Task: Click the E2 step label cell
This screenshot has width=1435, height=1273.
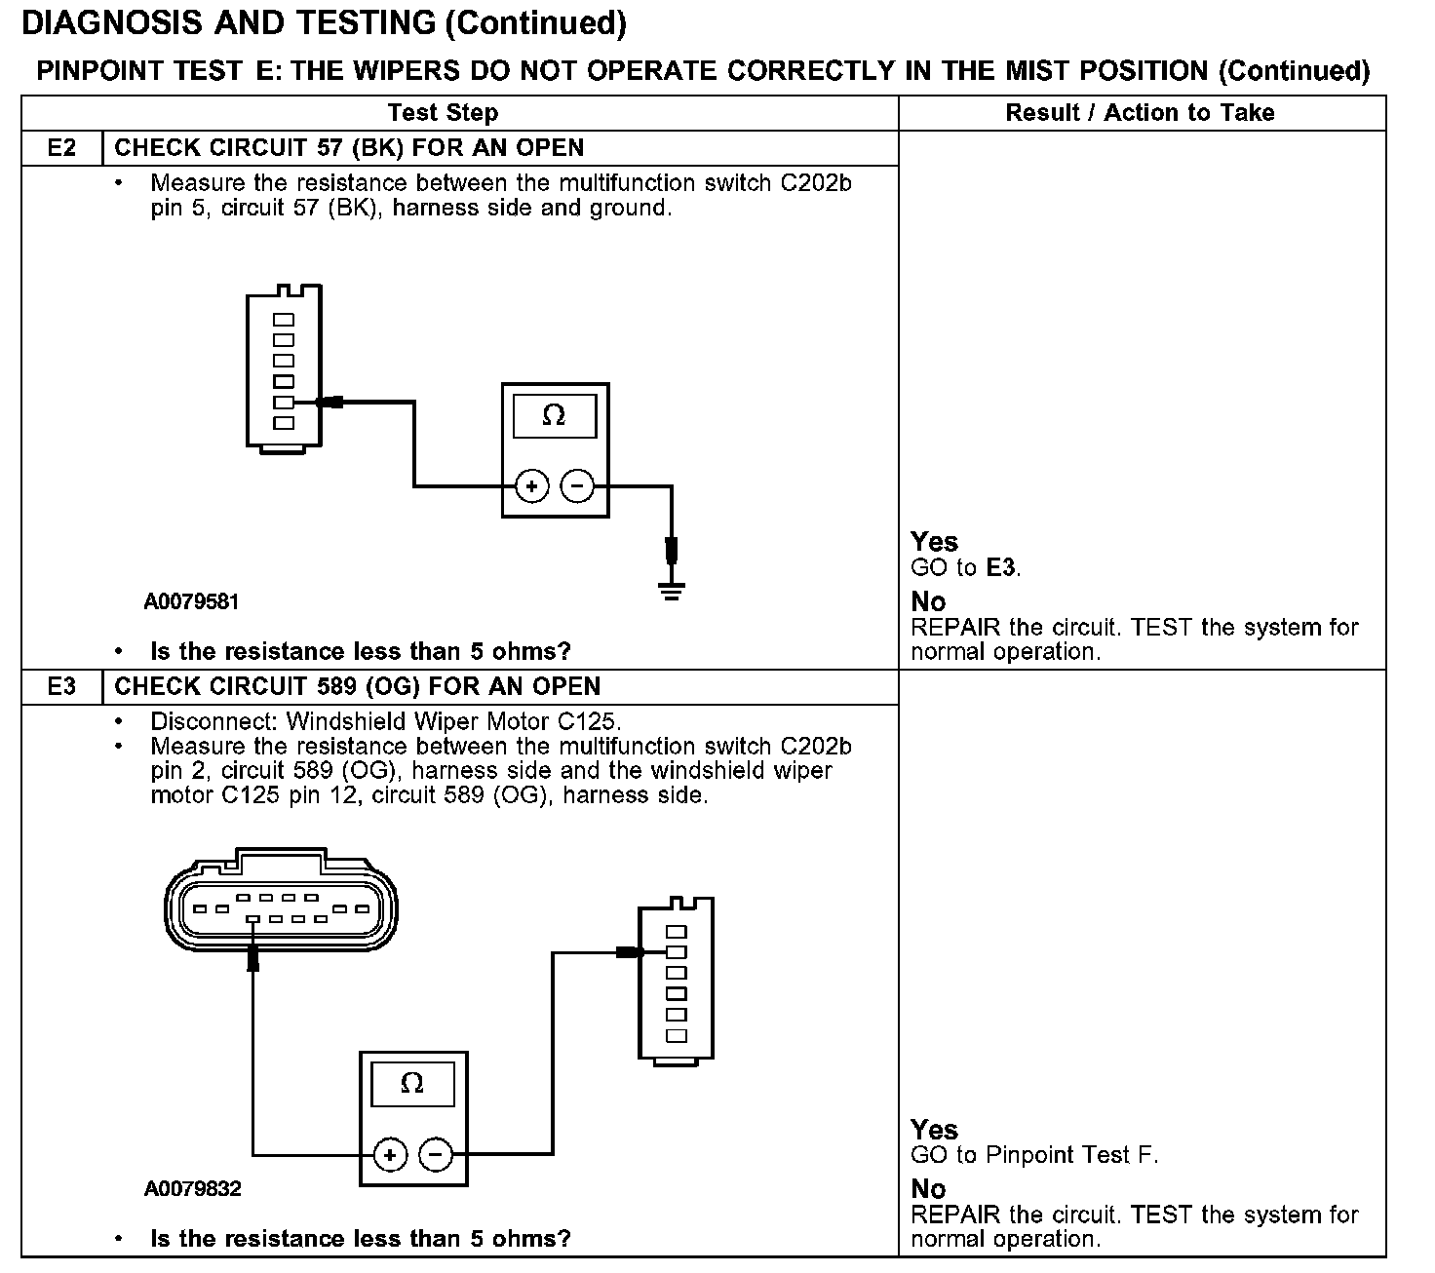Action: (61, 148)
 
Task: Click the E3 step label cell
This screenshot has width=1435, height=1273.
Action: (61, 686)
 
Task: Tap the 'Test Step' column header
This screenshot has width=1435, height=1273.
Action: (443, 113)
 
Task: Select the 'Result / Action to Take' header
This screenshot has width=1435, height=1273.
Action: (1140, 113)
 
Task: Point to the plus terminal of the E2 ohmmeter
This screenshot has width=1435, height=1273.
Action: (531, 485)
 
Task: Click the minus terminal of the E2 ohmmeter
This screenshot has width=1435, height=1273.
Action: (578, 485)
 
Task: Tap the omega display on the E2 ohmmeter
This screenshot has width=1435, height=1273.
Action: (554, 416)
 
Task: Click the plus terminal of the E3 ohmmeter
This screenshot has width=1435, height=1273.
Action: (390, 1156)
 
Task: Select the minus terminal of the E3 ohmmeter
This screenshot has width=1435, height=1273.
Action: (436, 1156)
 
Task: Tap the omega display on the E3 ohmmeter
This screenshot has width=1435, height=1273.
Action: (412, 1084)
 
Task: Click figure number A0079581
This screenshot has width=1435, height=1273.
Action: (191, 601)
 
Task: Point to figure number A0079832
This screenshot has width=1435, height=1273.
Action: (192, 1189)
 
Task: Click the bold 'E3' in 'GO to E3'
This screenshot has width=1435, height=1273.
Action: (1001, 567)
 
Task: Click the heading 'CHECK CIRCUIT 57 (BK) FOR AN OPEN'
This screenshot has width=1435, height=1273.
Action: (349, 148)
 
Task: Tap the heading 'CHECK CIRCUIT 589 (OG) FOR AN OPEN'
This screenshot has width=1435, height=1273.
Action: (357, 686)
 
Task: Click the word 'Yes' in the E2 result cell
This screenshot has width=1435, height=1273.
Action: (934, 542)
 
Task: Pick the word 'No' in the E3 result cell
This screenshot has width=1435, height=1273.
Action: (928, 1189)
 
